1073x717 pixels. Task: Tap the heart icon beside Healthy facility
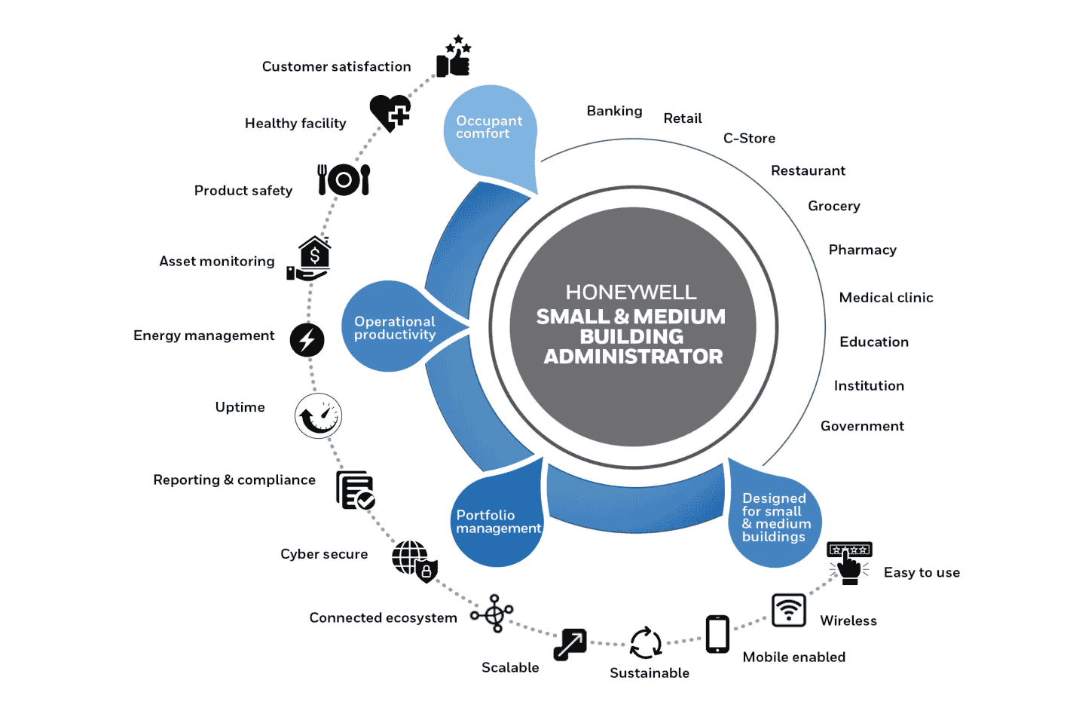point(390,113)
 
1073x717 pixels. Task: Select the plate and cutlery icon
point(344,179)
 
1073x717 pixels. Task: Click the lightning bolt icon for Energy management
point(307,340)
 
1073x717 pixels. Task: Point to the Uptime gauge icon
point(318,415)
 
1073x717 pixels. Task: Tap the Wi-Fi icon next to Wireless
point(789,610)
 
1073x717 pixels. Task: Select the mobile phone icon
point(717,634)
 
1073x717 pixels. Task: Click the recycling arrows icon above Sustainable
point(646,643)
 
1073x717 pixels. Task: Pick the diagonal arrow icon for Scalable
point(570,645)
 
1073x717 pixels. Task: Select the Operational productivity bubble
point(393,328)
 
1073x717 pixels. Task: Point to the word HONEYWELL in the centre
point(631,293)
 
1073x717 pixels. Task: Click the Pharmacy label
point(862,250)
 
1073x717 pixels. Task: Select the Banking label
point(614,112)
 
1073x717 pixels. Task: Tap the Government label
point(862,427)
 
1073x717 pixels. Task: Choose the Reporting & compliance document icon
point(355,491)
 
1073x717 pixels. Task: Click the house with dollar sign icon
point(310,259)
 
